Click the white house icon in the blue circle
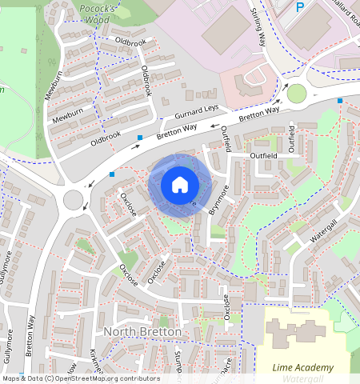point(180,185)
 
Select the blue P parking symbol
point(300,7)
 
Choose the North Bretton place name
point(143,331)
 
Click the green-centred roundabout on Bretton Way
point(297,94)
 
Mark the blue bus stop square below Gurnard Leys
point(140,138)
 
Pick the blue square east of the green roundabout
point(340,101)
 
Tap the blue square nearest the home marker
point(112,174)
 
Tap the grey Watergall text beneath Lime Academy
point(301,378)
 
